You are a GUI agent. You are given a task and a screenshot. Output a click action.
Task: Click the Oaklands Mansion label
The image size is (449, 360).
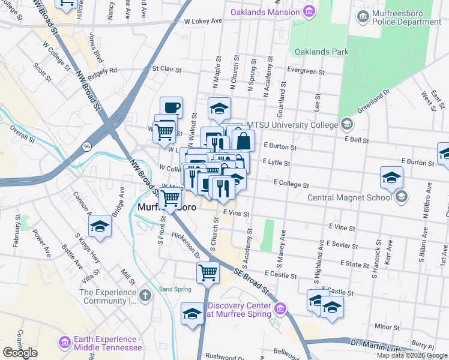pos(265,12)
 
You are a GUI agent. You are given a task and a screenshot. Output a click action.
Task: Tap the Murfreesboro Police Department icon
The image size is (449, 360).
pos(363,16)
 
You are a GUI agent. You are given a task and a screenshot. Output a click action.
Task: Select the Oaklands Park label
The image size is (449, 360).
pos(321,52)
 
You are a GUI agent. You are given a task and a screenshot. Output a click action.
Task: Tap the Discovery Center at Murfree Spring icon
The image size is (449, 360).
pos(280,310)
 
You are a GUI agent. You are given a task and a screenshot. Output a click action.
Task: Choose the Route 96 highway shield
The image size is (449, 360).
pos(88,146)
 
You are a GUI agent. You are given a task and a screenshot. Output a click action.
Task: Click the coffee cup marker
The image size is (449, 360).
pos(172,107)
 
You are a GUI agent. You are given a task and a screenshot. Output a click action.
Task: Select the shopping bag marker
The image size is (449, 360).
pos(244,142)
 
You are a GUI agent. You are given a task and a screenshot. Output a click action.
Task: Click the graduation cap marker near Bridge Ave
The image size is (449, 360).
pos(100,226)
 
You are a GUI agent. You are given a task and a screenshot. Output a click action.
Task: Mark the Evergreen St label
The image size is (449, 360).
pos(306,71)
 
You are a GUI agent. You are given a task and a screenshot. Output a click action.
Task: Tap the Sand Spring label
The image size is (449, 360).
pos(175,289)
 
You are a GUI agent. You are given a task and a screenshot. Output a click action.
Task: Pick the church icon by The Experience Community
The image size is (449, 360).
pos(144,296)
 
